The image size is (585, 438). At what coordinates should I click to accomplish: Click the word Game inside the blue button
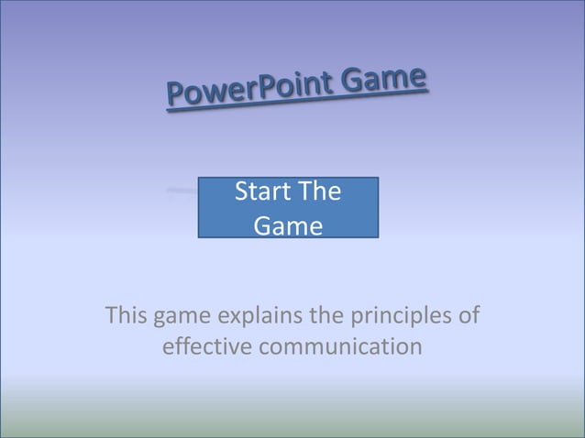pos(288,225)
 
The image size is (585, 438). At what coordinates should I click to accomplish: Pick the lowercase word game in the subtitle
pos(183,317)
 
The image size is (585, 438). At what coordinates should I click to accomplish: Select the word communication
pos(339,348)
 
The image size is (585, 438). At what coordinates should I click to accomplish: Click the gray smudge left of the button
pos(182,192)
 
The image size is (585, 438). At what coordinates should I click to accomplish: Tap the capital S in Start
pos(242,193)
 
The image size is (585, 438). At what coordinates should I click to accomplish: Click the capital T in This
pos(113,316)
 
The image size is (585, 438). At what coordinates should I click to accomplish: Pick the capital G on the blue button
pos(262,225)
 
